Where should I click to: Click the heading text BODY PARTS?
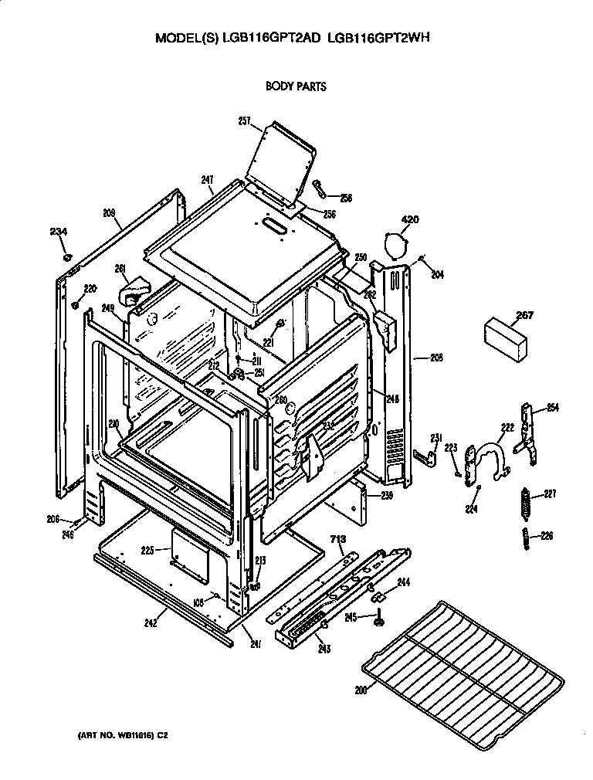pos(296,86)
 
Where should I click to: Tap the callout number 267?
pos(503,315)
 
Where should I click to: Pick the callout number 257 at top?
pos(244,120)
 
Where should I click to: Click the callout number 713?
pos(337,539)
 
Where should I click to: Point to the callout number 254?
pos(552,408)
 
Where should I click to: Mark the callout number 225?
pos(149,550)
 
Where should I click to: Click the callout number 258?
pos(345,198)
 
